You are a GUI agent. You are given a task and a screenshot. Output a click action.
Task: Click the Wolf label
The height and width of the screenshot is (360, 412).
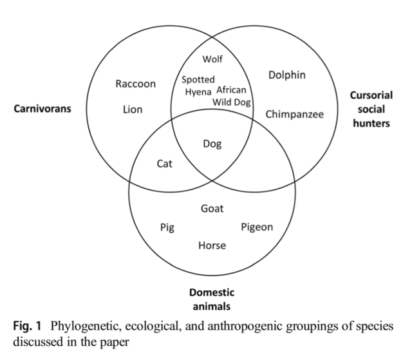click(212, 60)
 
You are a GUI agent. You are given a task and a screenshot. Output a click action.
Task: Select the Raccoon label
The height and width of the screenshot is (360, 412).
click(135, 84)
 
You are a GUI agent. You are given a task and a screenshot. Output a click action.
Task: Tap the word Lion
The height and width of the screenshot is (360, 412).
click(133, 109)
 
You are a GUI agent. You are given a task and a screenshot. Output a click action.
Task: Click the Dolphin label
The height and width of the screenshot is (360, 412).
click(287, 75)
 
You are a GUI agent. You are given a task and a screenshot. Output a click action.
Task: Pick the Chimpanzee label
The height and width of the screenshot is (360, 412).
click(294, 114)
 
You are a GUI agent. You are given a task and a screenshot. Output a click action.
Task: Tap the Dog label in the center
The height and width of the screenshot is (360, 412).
click(212, 144)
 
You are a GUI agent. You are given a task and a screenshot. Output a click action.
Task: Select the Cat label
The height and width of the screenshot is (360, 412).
click(165, 164)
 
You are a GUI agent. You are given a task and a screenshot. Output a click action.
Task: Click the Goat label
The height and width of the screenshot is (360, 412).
click(212, 209)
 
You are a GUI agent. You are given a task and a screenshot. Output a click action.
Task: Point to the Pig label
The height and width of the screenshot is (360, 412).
click(167, 227)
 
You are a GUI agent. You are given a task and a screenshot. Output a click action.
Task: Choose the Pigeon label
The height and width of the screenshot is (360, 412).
click(257, 227)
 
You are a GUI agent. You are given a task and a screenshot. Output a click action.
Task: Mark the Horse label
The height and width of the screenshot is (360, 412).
click(212, 245)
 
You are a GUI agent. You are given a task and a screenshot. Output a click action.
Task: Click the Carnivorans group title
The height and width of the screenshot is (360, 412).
click(42, 109)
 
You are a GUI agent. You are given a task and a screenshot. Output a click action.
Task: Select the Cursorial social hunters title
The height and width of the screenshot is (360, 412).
click(371, 109)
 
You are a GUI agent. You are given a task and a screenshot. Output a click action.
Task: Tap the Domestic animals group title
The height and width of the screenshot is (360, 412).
click(212, 299)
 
